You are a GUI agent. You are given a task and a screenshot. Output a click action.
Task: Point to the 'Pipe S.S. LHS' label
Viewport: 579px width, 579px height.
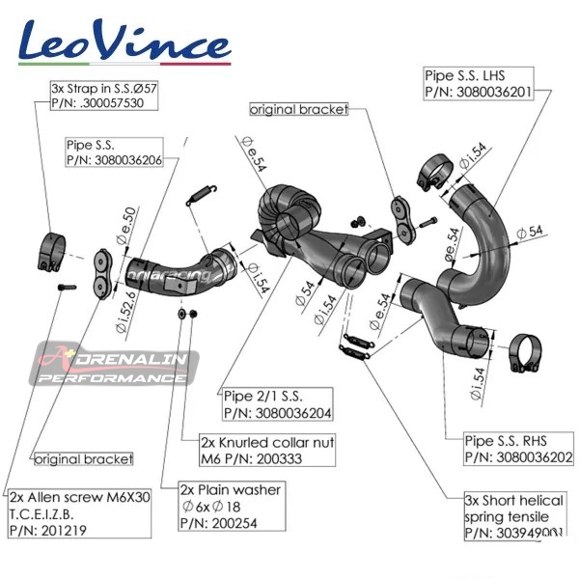[477, 82]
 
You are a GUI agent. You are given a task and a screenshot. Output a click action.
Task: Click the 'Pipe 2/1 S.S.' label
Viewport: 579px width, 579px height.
[274, 403]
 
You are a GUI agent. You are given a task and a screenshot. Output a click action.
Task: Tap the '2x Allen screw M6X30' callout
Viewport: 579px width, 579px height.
[78, 511]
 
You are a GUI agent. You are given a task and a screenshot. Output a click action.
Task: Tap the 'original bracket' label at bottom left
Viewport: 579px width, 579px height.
[83, 457]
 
